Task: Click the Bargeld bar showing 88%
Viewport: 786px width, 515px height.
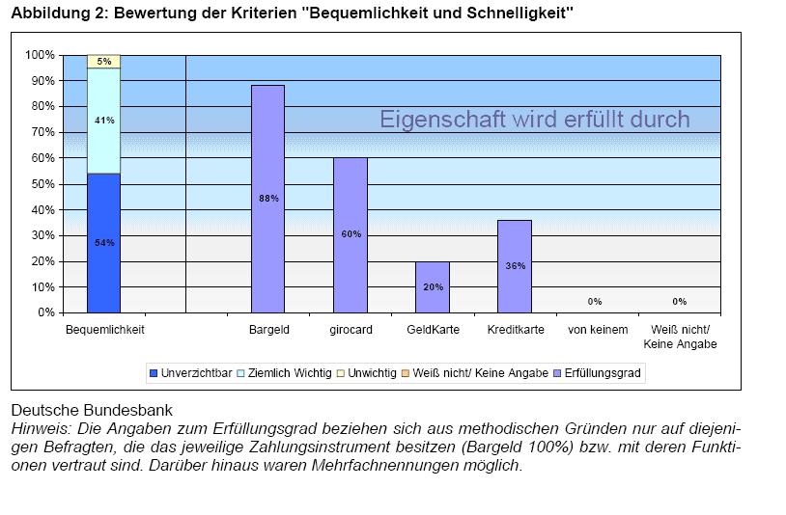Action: tap(267, 199)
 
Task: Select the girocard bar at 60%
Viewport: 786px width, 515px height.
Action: tap(350, 234)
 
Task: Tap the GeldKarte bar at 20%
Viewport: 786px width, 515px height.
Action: tap(432, 286)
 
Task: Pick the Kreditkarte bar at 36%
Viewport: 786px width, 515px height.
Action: tap(514, 266)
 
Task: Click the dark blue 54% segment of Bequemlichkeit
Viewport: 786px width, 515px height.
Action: tap(103, 243)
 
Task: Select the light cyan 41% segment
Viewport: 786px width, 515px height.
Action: tap(103, 121)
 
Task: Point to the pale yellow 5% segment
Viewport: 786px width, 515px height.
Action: tap(103, 62)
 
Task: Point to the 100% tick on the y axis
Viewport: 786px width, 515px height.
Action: tap(40, 55)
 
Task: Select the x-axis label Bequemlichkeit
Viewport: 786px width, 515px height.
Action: tap(104, 330)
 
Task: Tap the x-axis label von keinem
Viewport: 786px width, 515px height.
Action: tap(597, 330)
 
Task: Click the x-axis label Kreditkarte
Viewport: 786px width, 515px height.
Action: tap(514, 330)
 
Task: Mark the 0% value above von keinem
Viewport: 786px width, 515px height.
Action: tap(595, 302)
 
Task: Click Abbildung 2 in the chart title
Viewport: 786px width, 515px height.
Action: tap(57, 13)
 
